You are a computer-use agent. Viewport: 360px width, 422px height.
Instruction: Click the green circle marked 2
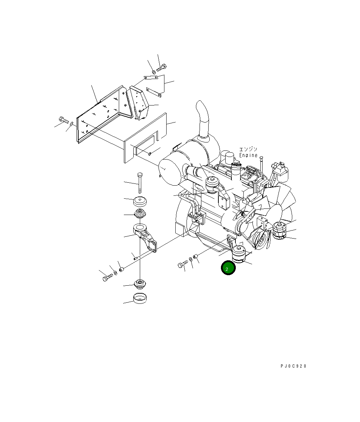click(x=228, y=268)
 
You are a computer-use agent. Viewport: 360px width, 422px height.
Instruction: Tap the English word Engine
click(x=248, y=155)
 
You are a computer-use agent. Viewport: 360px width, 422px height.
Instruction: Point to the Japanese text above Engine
click(x=248, y=149)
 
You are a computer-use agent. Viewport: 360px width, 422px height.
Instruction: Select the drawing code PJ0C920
click(x=293, y=366)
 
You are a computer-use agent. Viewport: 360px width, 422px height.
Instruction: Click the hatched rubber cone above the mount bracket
click(x=140, y=214)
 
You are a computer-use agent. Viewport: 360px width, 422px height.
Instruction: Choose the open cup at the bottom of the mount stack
click(x=140, y=299)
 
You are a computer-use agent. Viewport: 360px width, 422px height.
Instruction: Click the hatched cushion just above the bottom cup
click(x=140, y=284)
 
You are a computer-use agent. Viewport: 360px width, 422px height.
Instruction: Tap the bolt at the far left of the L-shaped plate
click(x=63, y=119)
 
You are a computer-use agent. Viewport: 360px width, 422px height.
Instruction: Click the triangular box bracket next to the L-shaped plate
click(x=140, y=102)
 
